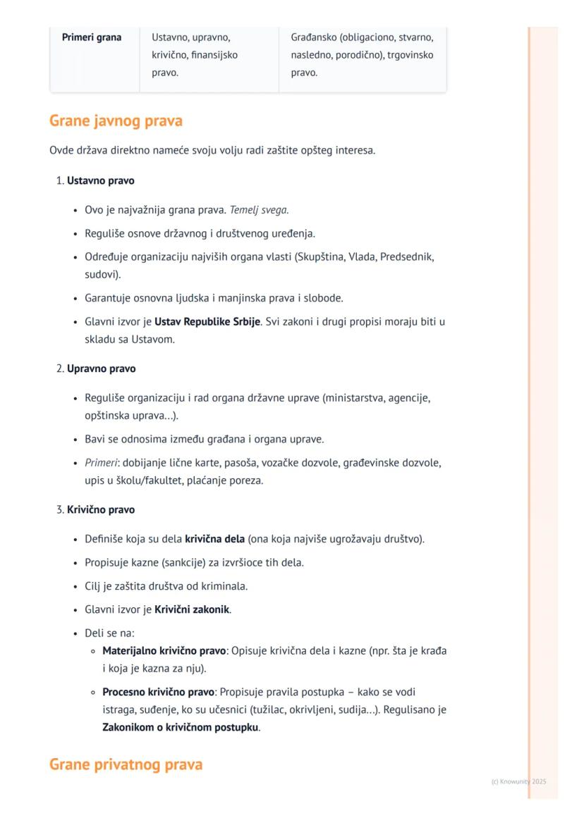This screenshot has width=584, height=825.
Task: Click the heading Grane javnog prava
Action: click(x=116, y=120)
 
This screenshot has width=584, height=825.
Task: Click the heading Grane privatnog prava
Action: click(x=126, y=764)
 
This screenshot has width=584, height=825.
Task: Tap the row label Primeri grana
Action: click(x=92, y=37)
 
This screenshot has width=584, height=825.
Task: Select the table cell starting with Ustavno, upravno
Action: click(x=195, y=54)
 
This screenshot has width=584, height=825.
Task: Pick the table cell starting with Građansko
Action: click(x=362, y=54)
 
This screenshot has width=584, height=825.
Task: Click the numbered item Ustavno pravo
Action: click(x=100, y=180)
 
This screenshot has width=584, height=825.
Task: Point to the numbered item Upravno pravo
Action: click(x=101, y=368)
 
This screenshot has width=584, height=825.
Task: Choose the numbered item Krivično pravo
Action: click(x=101, y=509)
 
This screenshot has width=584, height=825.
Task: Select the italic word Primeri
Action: click(x=101, y=463)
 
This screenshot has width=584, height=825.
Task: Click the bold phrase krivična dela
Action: click(x=214, y=539)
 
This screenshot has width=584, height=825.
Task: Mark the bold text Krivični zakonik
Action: click(x=192, y=609)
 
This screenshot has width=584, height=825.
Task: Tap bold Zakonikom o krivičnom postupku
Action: click(x=180, y=727)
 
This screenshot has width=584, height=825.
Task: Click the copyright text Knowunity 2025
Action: click(x=518, y=781)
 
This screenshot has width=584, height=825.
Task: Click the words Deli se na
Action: click(x=109, y=633)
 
